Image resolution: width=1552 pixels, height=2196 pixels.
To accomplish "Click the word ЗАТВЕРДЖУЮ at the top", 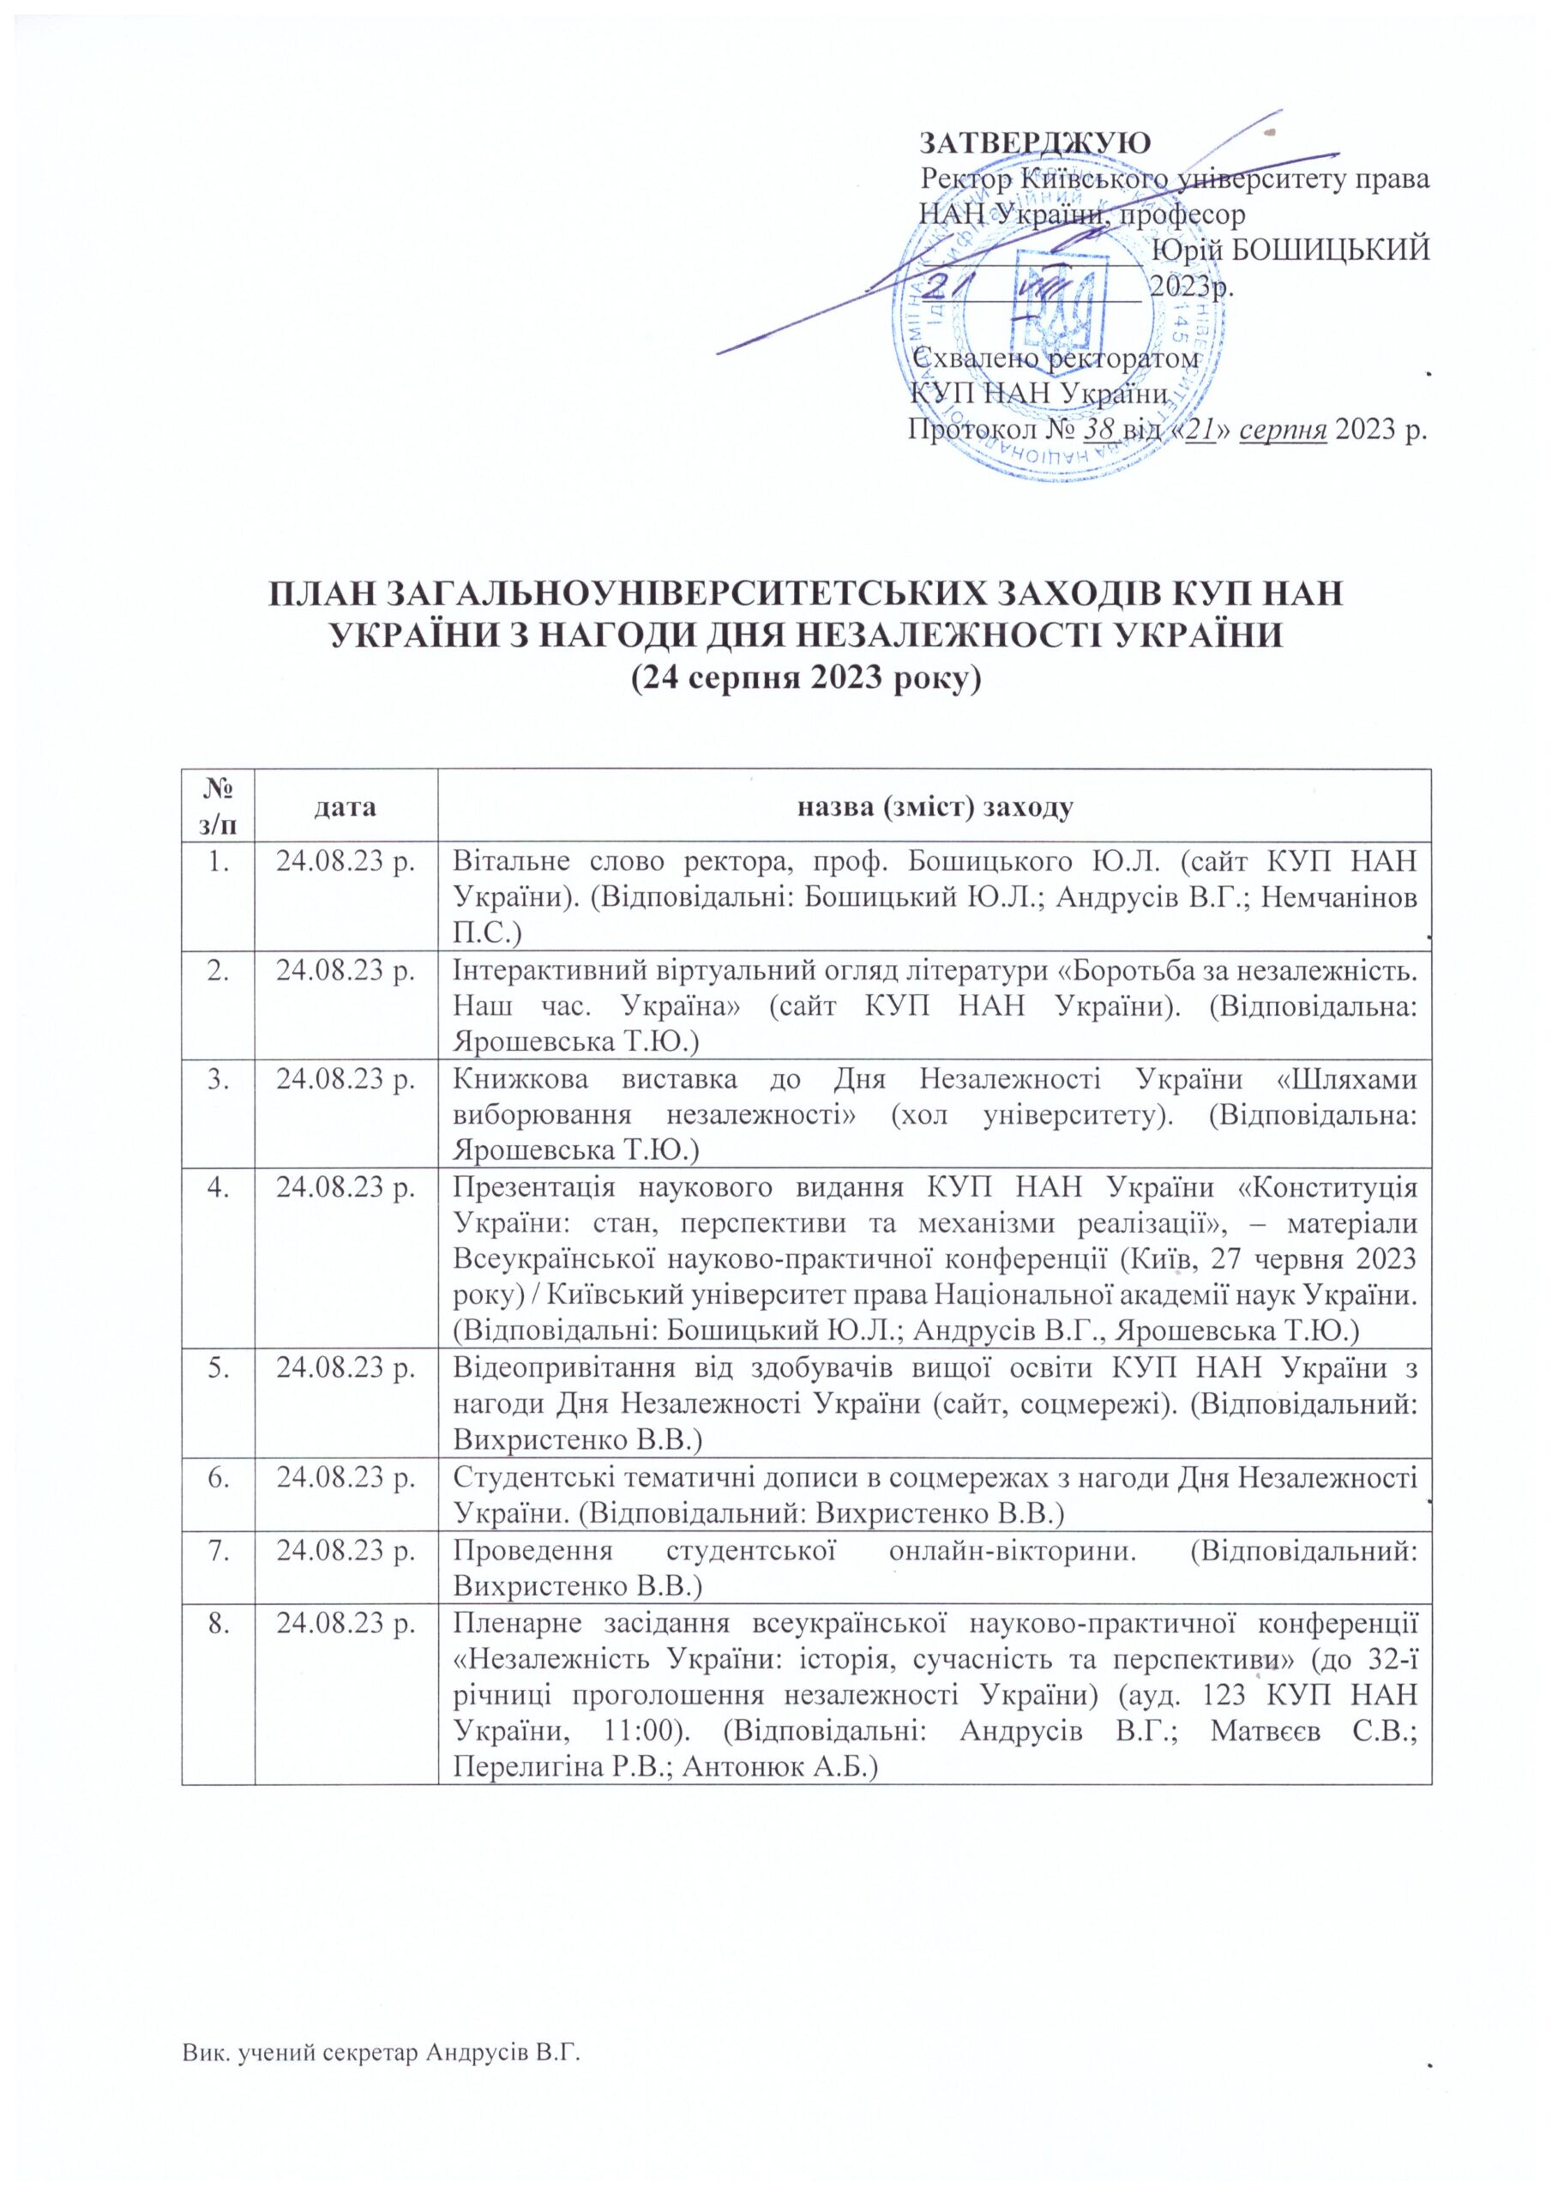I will tap(1034, 142).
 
